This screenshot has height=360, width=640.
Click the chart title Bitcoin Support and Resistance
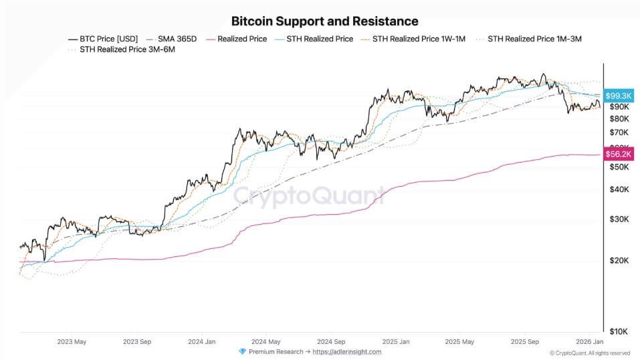324,21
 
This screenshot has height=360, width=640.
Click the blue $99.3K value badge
619,96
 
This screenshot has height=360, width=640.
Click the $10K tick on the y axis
619,331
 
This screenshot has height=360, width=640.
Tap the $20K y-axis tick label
619,260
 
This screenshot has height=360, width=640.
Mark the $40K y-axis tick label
619,189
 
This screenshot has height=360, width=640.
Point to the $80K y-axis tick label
619,118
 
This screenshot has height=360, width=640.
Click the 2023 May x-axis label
72,341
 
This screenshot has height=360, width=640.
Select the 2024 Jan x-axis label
201,341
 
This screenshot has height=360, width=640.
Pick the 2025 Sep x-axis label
524,341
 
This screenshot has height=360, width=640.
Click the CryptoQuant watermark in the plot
309,196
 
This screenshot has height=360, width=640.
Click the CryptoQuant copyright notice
589,353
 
